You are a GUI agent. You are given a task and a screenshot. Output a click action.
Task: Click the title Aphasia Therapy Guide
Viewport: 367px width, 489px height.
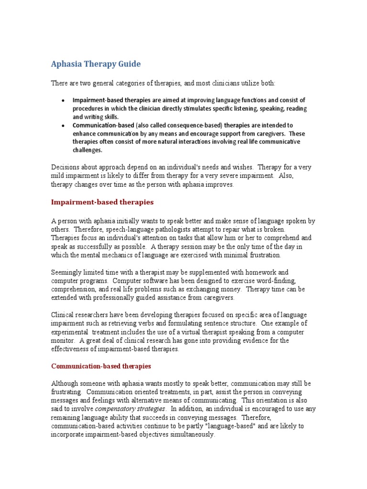pyautogui.click(x=96, y=64)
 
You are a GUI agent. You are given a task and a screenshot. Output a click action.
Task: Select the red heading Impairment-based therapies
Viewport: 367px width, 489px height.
pyautogui.click(x=102, y=202)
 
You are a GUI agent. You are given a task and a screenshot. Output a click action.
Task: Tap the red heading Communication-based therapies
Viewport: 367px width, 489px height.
pyautogui.click(x=101, y=366)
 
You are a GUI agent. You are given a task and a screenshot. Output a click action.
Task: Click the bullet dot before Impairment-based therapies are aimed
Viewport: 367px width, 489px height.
pyautogui.click(x=64, y=100)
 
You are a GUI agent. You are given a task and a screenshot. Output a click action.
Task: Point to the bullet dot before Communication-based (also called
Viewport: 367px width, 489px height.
pyautogui.click(x=64, y=126)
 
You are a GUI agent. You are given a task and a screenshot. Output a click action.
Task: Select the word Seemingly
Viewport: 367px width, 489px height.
pyautogui.click(x=67, y=272)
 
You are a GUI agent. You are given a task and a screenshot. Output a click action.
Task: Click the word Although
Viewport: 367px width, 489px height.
pyautogui.click(x=65, y=383)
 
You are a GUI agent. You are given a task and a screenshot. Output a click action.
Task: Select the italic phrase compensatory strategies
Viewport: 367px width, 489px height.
pyautogui.click(x=130, y=409)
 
